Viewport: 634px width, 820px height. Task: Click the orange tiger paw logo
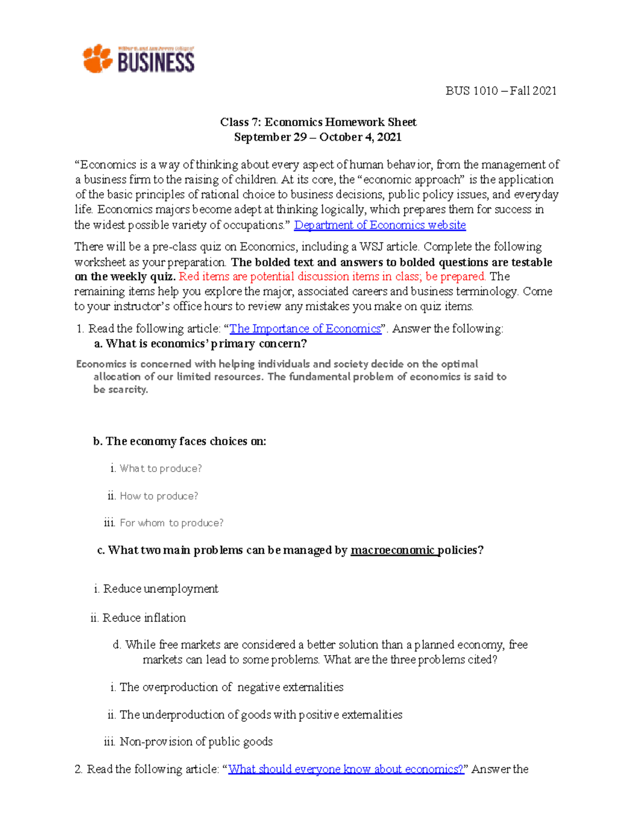(97, 59)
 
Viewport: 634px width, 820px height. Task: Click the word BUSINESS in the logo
(156, 62)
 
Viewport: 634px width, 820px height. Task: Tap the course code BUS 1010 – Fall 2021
(500, 91)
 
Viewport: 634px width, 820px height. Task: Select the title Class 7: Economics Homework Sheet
(318, 122)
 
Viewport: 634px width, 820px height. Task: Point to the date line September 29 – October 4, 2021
(318, 137)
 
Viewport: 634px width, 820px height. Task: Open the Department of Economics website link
(379, 225)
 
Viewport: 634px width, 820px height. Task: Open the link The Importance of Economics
(305, 328)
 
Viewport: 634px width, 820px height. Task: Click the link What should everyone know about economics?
(346, 769)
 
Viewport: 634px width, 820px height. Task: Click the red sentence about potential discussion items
(332, 277)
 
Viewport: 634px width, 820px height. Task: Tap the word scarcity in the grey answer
(127, 390)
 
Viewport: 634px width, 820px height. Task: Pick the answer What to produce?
(161, 468)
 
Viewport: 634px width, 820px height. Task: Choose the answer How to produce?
(158, 496)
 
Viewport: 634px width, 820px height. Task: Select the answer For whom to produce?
(171, 523)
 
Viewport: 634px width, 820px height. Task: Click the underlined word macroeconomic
(393, 550)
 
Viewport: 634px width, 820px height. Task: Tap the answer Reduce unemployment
(161, 589)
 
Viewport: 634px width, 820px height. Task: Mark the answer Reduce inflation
(144, 618)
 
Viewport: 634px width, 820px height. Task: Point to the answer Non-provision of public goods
(196, 741)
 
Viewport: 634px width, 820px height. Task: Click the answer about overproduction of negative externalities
(231, 687)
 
